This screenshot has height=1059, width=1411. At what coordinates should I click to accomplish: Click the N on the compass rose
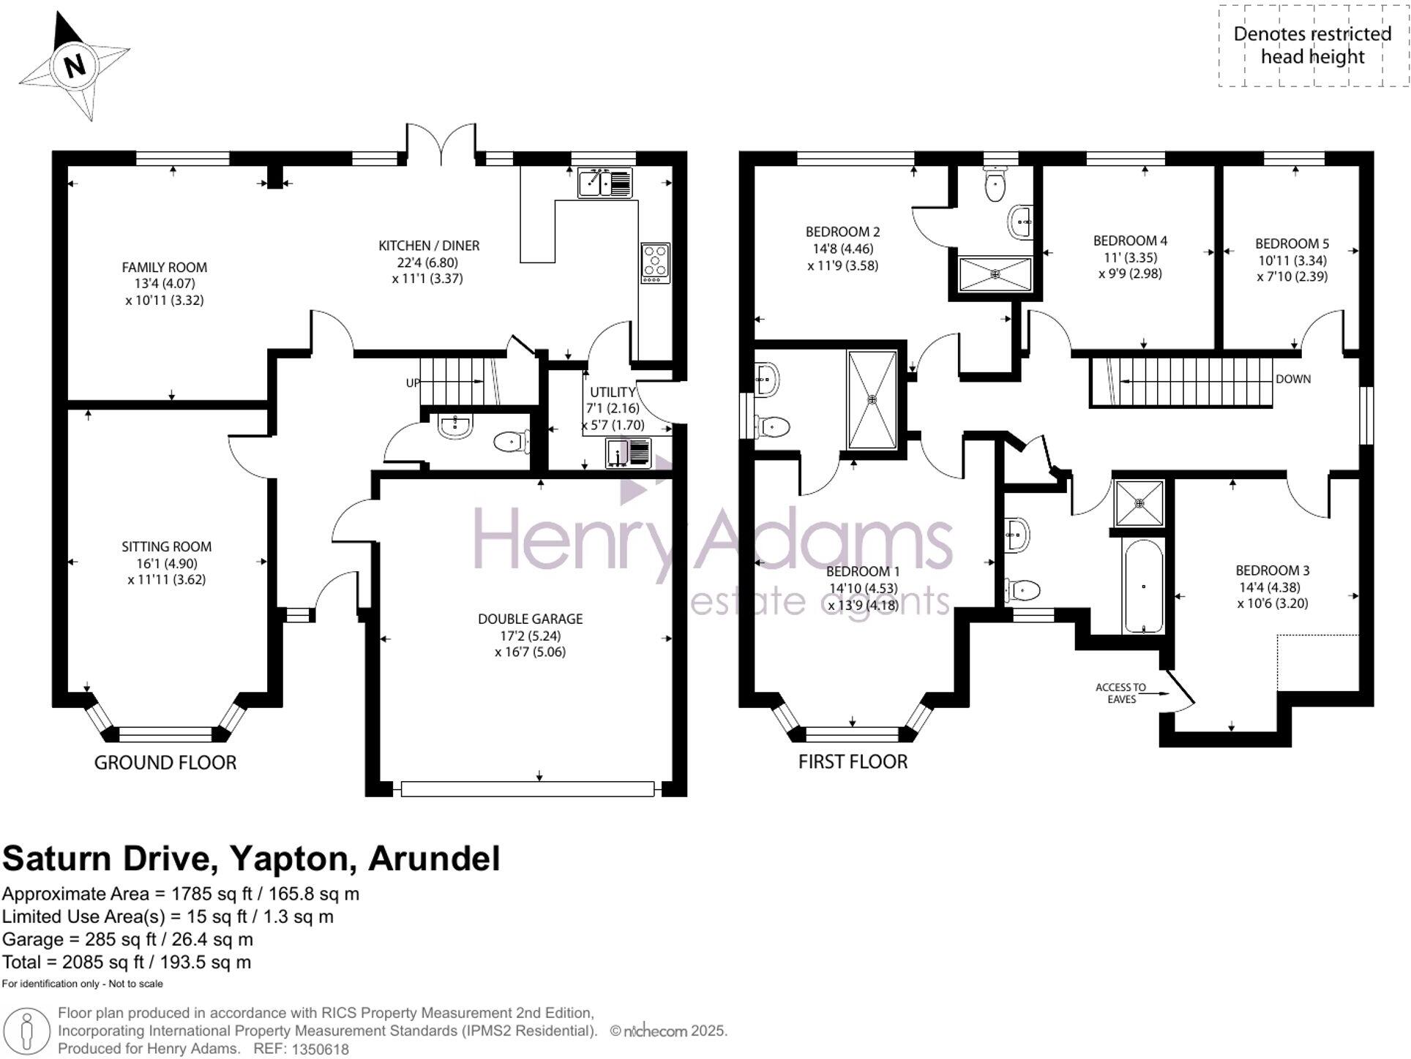pyautogui.click(x=75, y=65)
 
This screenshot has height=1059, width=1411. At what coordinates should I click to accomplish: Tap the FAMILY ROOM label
pyautogui.click(x=164, y=268)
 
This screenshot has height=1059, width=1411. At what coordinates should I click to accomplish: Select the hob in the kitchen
pyautogui.click(x=655, y=263)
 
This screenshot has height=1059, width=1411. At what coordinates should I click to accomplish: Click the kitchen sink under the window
pyautogui.click(x=605, y=183)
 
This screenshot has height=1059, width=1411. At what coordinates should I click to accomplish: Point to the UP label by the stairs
pyautogui.click(x=413, y=383)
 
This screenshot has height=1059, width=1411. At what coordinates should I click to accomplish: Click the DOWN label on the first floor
pyautogui.click(x=1292, y=380)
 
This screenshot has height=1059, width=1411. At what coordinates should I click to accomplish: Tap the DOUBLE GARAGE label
pyautogui.click(x=530, y=619)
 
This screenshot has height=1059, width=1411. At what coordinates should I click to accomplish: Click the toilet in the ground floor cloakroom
pyautogui.click(x=511, y=442)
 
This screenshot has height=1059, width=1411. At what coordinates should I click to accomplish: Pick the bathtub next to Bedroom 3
pyautogui.click(x=1143, y=587)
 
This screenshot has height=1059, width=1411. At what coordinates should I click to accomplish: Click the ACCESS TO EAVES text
pyautogui.click(x=1120, y=693)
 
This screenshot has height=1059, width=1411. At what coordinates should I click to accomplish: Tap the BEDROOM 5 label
pyautogui.click(x=1292, y=244)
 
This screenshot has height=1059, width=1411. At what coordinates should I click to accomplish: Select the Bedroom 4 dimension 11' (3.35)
pyautogui.click(x=1130, y=257)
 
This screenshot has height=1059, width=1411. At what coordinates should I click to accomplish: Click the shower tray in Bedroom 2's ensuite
pyautogui.click(x=995, y=274)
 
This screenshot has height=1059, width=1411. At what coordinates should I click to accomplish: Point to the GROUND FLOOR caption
pyautogui.click(x=165, y=763)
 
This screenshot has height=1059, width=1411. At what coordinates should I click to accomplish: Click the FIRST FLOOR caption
pyautogui.click(x=853, y=762)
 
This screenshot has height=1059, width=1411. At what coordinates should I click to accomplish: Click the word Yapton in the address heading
pyautogui.click(x=293, y=859)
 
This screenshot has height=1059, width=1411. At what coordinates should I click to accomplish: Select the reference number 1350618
pyautogui.click(x=321, y=1049)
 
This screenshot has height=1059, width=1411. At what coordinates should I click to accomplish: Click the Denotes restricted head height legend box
pyautogui.click(x=1312, y=45)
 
